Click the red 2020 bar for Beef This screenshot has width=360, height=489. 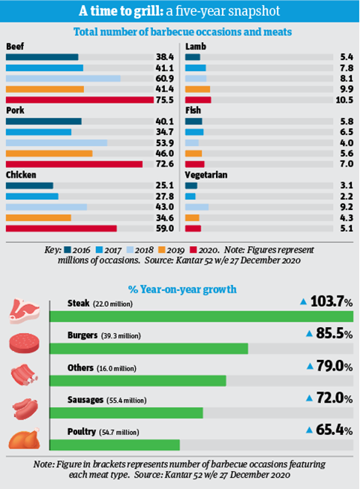pos(79,100)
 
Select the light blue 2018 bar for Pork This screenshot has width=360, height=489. pos(56,142)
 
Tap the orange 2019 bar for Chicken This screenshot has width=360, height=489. pos(38,217)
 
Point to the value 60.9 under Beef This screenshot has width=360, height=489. pos(165,78)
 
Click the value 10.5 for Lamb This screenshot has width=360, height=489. pos(344,100)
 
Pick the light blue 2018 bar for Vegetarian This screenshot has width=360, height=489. pos(196,207)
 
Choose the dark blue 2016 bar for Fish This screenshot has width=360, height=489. pos(193,121)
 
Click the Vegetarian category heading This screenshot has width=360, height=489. pos(206,175)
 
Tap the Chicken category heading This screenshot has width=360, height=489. pos(21,175)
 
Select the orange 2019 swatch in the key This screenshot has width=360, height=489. pos(161,250)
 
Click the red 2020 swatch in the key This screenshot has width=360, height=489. pos(193,250)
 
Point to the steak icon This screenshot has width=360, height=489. pos(24,311)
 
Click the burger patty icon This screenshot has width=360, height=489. pos(24,343)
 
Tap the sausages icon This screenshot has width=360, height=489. pos(25,408)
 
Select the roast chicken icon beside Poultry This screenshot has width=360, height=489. pos(24,439)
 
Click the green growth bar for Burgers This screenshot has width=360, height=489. pos(148,349)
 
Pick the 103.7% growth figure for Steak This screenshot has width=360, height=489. pos(331,302)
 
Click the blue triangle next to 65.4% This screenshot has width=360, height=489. pos(309,430)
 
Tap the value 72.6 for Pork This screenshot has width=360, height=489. pos(165,164)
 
